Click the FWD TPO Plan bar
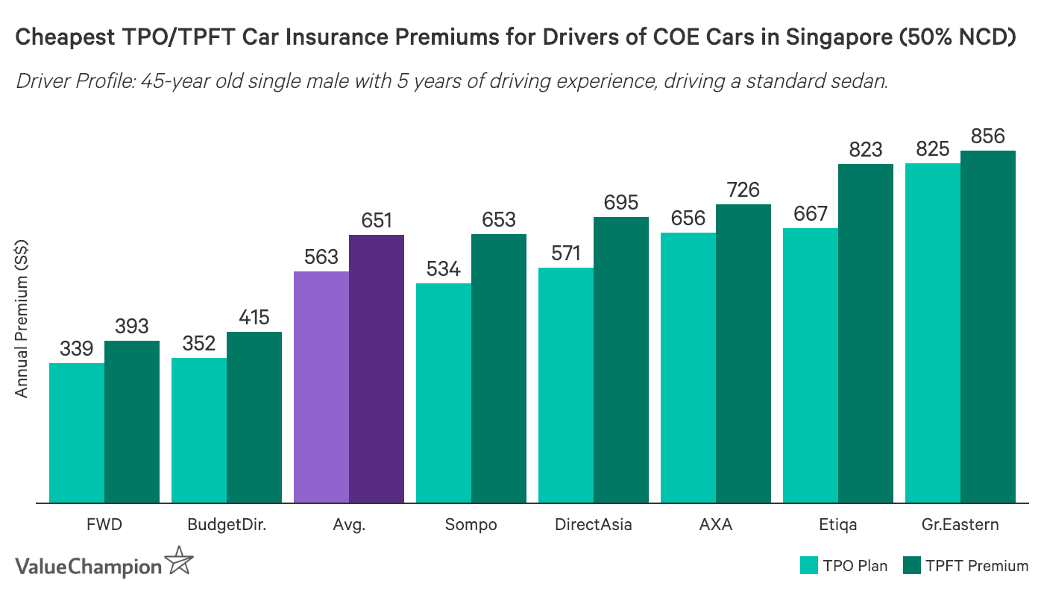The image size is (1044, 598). click(x=77, y=432)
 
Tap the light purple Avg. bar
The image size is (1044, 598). click(x=321, y=387)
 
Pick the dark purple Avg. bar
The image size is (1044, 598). click(x=377, y=369)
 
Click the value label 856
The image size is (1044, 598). click(x=988, y=136)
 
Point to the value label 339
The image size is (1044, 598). click(x=77, y=348)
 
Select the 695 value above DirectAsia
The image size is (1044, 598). click(x=621, y=202)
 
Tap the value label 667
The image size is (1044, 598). click(x=811, y=214)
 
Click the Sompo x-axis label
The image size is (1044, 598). click(x=471, y=524)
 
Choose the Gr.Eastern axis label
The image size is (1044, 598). click(x=960, y=524)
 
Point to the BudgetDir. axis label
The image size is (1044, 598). click(x=227, y=524)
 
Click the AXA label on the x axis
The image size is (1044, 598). click(x=716, y=524)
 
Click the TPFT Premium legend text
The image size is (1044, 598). click(x=977, y=565)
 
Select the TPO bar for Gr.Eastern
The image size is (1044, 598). click(x=932, y=333)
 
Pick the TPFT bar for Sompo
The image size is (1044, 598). click(x=499, y=368)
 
